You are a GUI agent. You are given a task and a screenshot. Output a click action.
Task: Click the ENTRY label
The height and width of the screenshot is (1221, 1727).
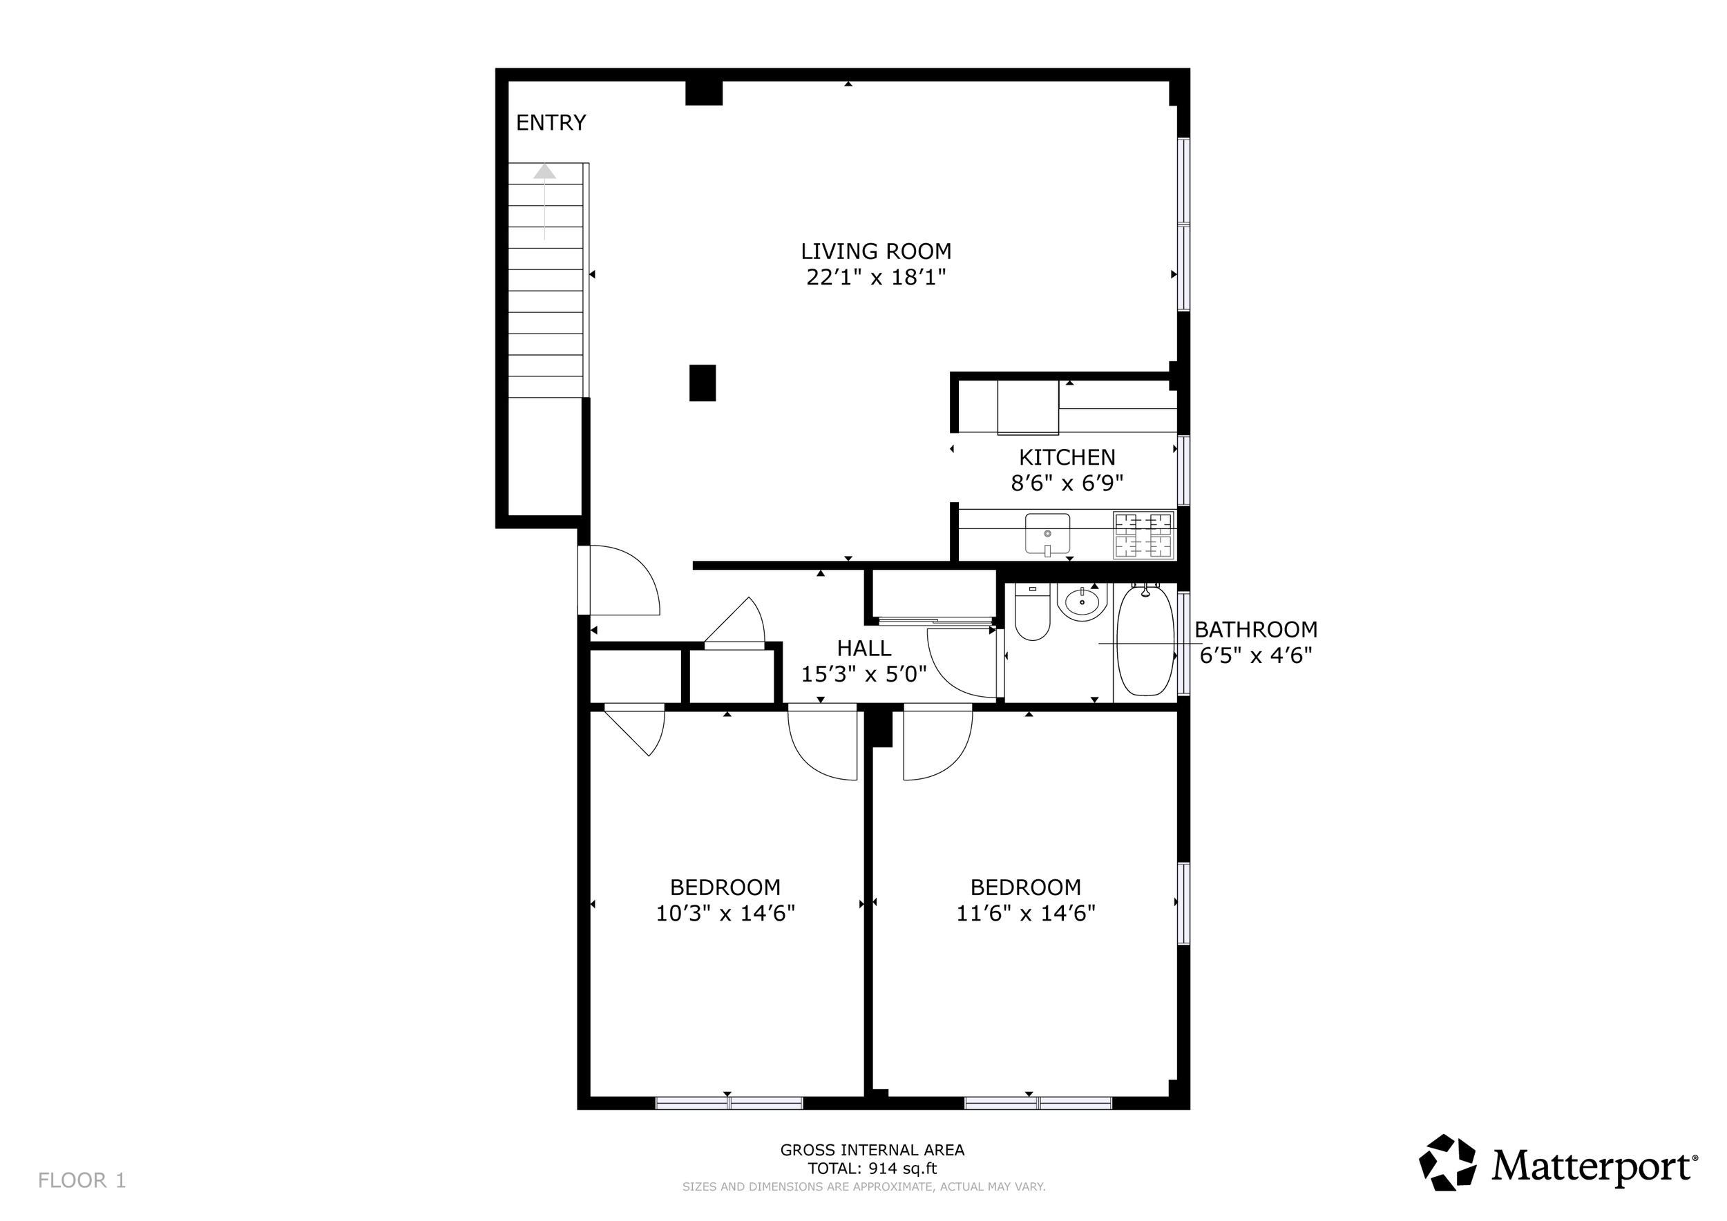coord(551,122)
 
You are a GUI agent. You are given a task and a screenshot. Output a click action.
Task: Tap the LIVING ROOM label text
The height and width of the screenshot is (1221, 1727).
coord(875,251)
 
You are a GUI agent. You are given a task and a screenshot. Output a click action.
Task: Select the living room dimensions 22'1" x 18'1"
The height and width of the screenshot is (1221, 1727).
coord(875,278)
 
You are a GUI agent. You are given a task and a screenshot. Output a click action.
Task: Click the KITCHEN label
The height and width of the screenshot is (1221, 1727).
coord(1067,457)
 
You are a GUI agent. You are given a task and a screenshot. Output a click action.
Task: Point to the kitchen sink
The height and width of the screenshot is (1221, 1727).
coord(1048,535)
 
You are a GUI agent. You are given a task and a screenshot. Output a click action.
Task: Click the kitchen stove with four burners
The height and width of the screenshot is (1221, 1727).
coord(1143,535)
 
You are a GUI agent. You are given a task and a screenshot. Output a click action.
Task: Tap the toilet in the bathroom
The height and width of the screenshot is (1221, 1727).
coord(1032,612)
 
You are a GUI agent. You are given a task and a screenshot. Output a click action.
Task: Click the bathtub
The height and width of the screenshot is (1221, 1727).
coord(1145,642)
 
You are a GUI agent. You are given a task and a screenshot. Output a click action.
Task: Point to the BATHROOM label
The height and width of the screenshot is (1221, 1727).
coord(1255,629)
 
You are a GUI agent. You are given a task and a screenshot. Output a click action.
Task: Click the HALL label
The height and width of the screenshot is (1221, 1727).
coord(863,648)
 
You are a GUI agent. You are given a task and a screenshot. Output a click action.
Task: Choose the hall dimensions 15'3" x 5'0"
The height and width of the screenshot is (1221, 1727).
coord(863,675)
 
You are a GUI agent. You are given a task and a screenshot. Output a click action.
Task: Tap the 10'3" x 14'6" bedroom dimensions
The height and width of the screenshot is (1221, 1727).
coord(725,914)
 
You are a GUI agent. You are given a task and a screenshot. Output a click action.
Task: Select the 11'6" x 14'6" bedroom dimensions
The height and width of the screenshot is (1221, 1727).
coord(1025,914)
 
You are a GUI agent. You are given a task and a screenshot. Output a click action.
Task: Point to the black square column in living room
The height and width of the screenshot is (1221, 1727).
coord(703,383)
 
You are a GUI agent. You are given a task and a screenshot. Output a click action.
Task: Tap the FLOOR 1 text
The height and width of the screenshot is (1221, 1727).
coord(82,1180)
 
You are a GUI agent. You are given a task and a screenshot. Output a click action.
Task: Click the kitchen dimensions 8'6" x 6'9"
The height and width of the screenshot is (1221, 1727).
coord(1067,483)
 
